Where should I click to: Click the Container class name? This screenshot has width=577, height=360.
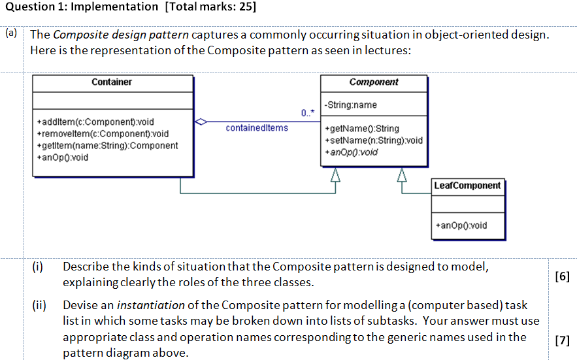112,82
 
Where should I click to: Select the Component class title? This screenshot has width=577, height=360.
374,82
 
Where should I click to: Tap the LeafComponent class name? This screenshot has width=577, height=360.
467,186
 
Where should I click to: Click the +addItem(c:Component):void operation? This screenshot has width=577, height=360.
95,122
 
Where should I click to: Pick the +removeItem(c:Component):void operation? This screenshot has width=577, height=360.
103,134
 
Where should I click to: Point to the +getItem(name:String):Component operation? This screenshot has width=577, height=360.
107,146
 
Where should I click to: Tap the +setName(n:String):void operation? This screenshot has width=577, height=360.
374,140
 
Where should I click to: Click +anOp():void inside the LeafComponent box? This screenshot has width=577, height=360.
461,225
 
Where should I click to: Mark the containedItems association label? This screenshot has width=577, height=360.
257,128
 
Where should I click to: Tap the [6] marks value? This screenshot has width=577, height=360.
561,276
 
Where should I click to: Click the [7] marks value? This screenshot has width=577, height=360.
561,340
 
